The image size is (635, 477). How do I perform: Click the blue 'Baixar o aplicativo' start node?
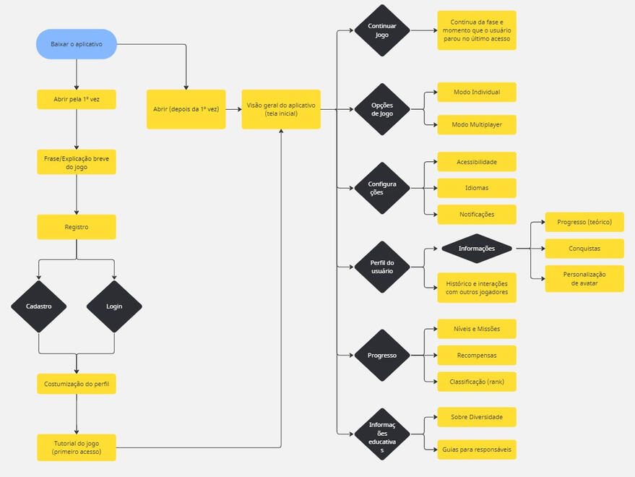[76, 44]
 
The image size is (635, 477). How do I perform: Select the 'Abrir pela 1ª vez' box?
[76, 99]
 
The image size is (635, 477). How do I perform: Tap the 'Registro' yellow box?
[76, 227]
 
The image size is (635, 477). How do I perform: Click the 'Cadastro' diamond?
[38, 306]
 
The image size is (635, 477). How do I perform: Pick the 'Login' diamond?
[114, 306]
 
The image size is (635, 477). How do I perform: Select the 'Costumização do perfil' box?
[76, 384]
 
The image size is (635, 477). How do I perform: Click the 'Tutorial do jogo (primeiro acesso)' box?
[76, 447]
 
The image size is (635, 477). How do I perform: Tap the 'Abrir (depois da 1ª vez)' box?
[186, 109]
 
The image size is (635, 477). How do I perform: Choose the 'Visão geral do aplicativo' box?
[281, 109]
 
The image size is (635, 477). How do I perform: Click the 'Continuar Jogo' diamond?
[382, 30]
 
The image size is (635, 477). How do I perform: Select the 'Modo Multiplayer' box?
[477, 124]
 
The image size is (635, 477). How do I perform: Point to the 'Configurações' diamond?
[382, 188]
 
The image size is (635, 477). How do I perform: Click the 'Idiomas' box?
[477, 188]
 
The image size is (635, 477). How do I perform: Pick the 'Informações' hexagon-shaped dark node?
[477, 249]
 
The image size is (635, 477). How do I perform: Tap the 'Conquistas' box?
[584, 249]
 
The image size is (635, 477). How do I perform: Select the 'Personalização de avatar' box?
[584, 278]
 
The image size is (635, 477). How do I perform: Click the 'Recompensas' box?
[477, 355]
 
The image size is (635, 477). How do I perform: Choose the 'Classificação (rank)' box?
[477, 381]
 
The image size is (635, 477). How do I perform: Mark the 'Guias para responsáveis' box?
[477, 450]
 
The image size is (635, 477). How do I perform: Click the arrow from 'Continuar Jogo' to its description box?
[423, 30]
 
